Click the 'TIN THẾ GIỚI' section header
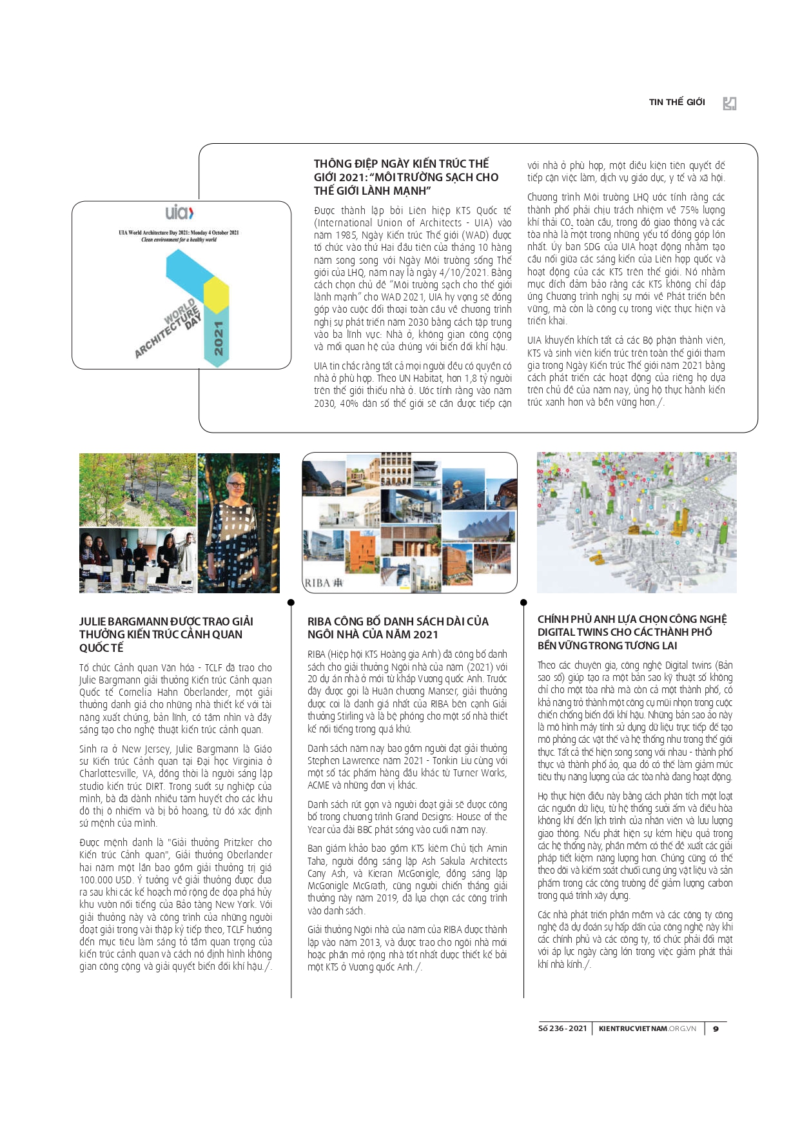coord(676,102)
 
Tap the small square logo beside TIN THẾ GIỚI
coord(729,103)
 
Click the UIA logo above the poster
coord(179,212)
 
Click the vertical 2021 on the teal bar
coord(219,339)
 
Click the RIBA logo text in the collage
coord(324,583)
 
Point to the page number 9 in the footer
coord(716,1028)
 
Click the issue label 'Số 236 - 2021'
coord(562,1028)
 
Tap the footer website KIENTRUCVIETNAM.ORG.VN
coord(647,1028)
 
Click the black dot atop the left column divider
coord(291,602)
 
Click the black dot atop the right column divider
coord(523,602)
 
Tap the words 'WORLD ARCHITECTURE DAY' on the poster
coord(169,328)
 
